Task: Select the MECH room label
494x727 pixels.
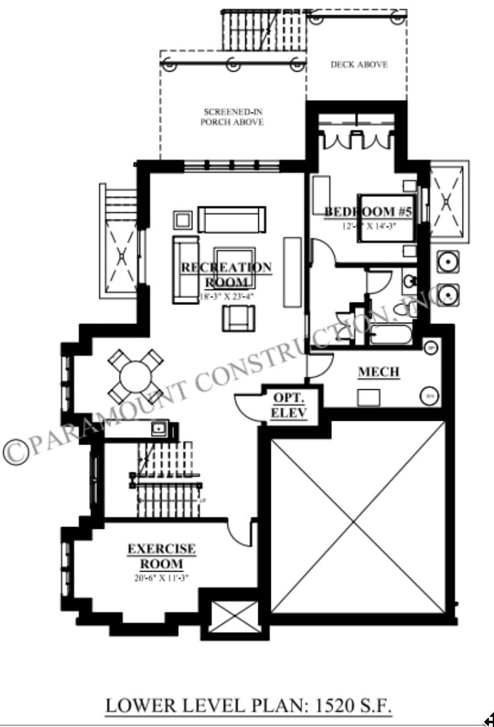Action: coord(378,372)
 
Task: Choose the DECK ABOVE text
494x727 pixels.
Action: coord(359,64)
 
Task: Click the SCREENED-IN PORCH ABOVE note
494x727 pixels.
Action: coord(232,117)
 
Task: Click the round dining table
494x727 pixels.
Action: coord(135,377)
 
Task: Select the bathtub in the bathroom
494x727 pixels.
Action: coord(390,334)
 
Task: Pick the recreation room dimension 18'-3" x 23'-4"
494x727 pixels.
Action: coord(226,296)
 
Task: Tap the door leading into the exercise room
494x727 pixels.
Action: coord(241,533)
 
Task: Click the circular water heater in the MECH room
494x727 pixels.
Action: coord(429,396)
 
